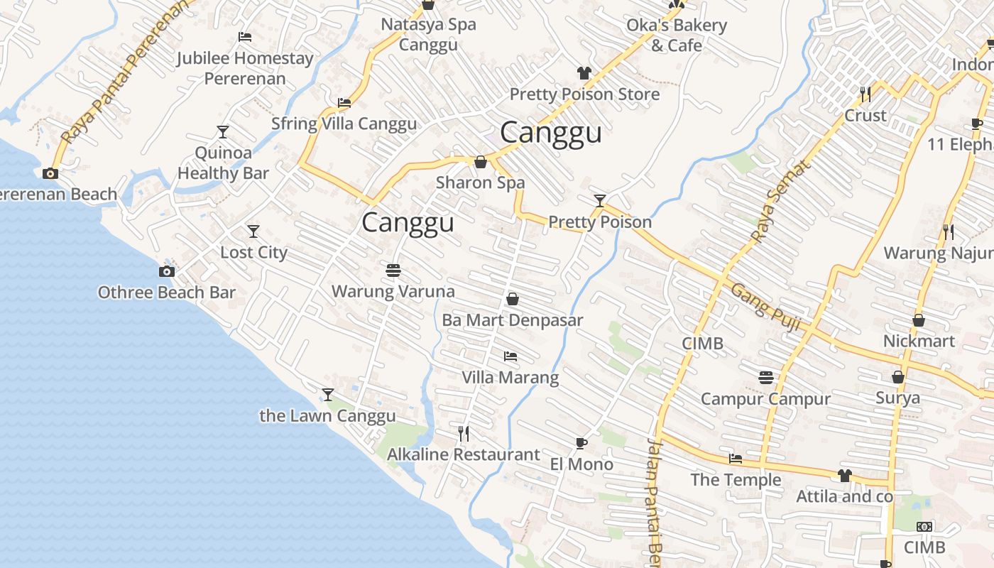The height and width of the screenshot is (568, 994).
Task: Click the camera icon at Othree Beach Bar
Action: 167,271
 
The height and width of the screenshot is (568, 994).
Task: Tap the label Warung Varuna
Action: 393,291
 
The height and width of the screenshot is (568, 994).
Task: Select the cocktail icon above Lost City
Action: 253,231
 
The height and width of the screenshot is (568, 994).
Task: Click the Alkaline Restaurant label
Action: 463,454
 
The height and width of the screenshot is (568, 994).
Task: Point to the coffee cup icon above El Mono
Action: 581,444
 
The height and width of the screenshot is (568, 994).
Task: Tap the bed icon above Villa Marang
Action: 510,356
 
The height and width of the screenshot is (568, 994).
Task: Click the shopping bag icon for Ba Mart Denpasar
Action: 512,299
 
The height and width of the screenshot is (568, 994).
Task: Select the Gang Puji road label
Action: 766,307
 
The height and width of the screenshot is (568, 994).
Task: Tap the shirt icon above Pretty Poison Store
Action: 584,73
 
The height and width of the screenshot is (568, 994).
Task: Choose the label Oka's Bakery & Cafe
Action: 676,35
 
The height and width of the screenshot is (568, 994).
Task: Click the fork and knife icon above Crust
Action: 865,94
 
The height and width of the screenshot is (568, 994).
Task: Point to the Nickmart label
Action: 919,341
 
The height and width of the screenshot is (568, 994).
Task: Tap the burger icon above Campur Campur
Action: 765,377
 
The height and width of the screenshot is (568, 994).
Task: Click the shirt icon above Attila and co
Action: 844,475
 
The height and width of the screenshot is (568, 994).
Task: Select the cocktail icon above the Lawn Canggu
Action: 327,394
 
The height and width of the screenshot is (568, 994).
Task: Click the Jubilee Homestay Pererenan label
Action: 245,68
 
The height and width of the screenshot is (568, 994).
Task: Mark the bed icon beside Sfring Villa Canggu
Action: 344,103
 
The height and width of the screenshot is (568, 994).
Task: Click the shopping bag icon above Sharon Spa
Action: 481,162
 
